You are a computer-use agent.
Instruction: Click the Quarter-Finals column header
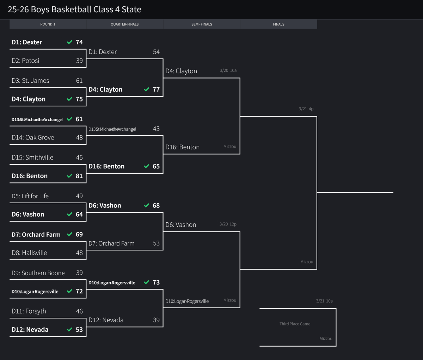click(124, 24)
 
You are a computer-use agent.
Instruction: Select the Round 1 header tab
click(48, 24)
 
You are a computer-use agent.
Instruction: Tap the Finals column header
click(278, 24)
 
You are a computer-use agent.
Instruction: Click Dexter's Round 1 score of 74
click(79, 42)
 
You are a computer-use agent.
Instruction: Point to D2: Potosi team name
click(25, 61)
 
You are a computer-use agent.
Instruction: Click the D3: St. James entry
click(30, 81)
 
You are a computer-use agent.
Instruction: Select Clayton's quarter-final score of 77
click(156, 89)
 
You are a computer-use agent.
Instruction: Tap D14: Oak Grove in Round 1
click(33, 138)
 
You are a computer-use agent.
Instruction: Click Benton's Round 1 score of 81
click(79, 176)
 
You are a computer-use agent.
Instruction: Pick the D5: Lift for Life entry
click(30, 196)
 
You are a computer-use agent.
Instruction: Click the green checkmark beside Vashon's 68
click(147, 205)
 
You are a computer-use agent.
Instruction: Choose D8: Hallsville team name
click(29, 253)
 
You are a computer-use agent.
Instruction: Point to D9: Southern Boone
click(38, 273)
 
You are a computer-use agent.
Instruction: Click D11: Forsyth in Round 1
click(29, 311)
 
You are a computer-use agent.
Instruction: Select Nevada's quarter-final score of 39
click(156, 320)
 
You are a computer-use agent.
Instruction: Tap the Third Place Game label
click(295, 324)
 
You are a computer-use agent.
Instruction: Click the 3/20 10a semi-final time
click(228, 70)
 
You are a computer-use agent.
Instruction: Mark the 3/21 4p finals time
click(306, 109)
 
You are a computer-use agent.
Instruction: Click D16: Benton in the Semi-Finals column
click(183, 147)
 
